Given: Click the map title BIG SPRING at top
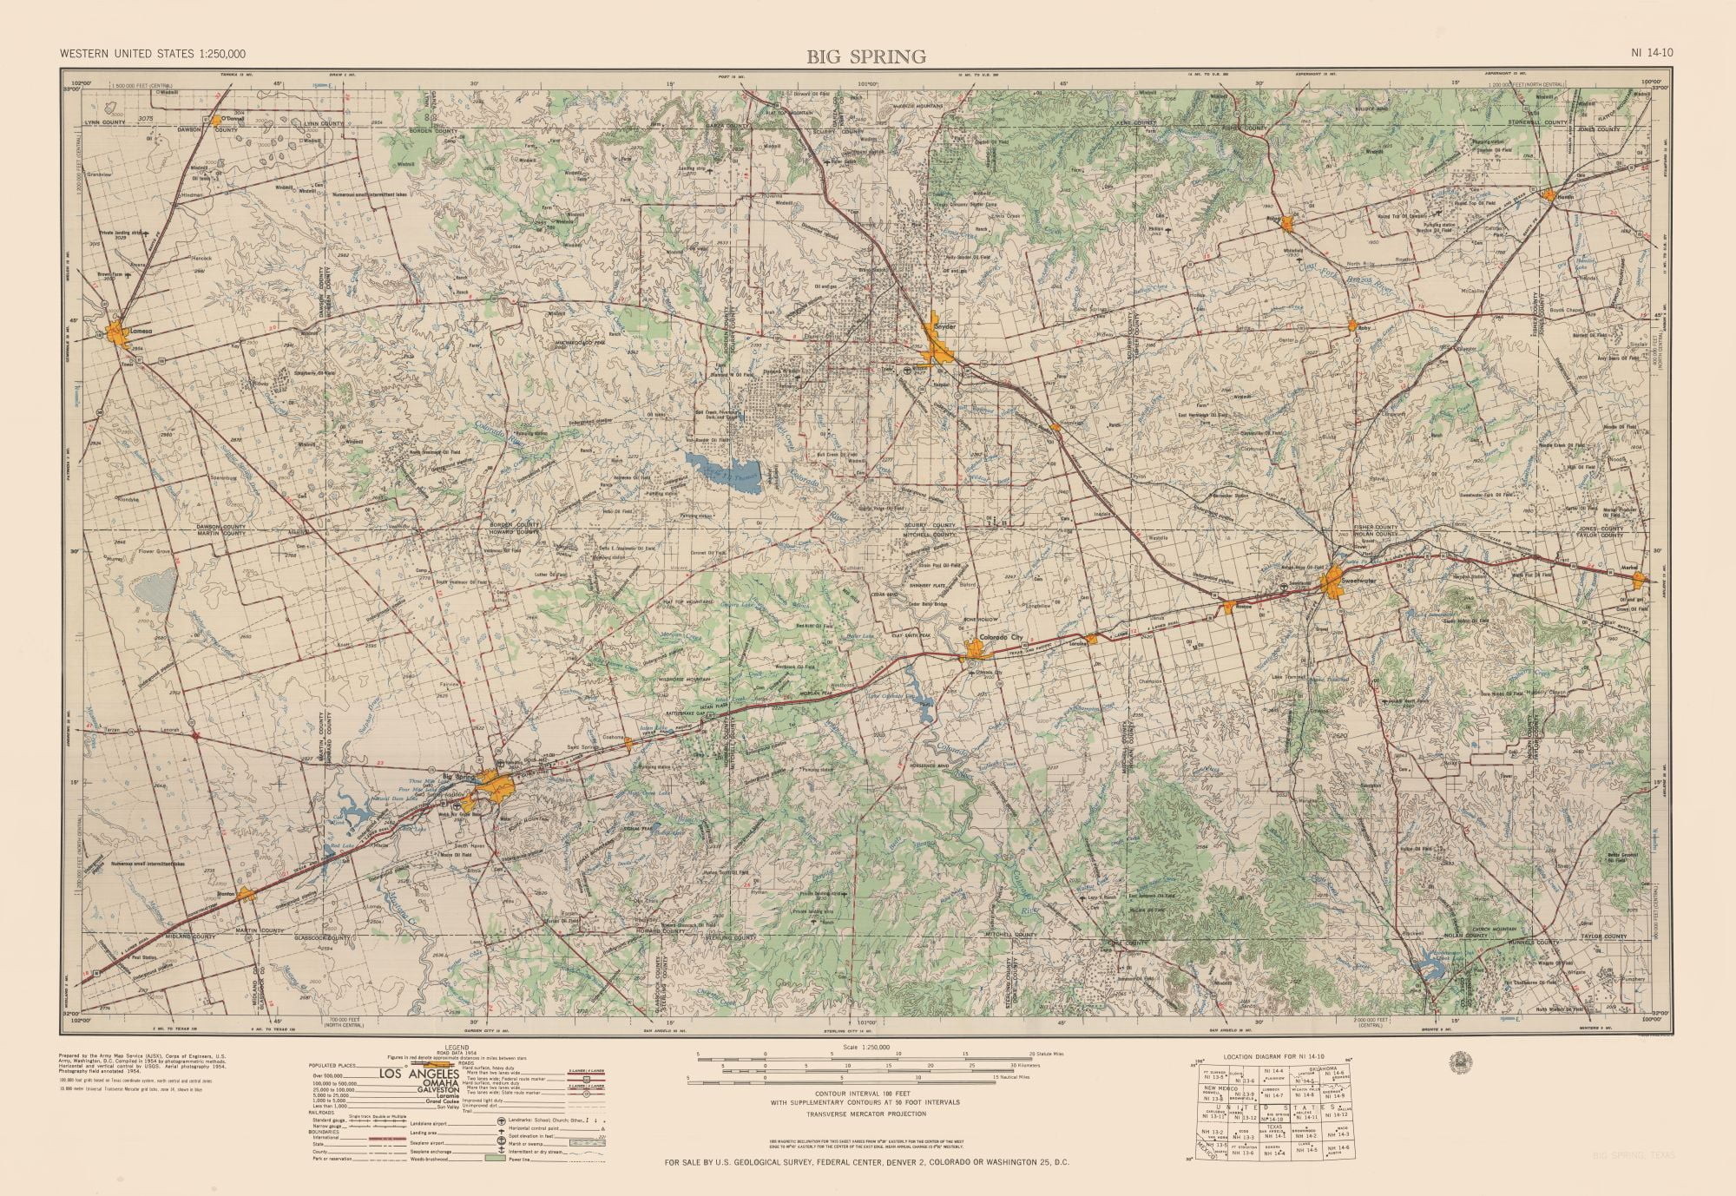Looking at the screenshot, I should click(865, 57).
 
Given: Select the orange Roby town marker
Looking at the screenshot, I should click(1352, 325).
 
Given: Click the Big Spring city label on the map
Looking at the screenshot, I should click(461, 775).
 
